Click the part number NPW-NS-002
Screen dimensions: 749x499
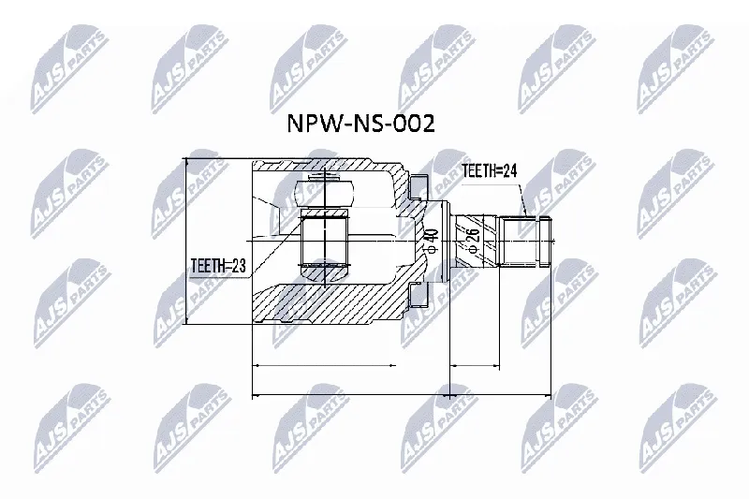click(x=360, y=125)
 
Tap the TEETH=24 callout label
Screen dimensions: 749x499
click(x=490, y=170)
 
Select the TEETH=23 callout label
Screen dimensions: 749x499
click(x=218, y=266)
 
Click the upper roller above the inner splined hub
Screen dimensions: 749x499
click(x=324, y=193)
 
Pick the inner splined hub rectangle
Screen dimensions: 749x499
click(x=325, y=242)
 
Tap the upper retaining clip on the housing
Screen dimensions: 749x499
click(x=419, y=185)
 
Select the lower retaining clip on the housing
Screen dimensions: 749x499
click(x=419, y=294)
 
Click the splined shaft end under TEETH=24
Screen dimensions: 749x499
click(x=525, y=241)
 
